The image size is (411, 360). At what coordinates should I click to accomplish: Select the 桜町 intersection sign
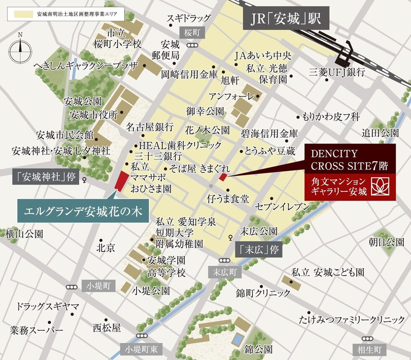(x=193, y=33)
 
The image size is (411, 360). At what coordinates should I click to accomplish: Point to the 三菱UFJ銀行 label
(x=337, y=72)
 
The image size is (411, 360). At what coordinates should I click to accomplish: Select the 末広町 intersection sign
(x=225, y=272)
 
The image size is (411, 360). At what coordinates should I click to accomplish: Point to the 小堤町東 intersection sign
(x=142, y=348)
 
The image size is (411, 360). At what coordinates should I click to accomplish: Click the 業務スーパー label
(x=37, y=331)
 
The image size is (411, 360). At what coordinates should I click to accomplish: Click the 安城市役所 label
(x=94, y=115)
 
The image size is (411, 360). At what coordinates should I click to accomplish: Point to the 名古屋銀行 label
(x=150, y=126)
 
